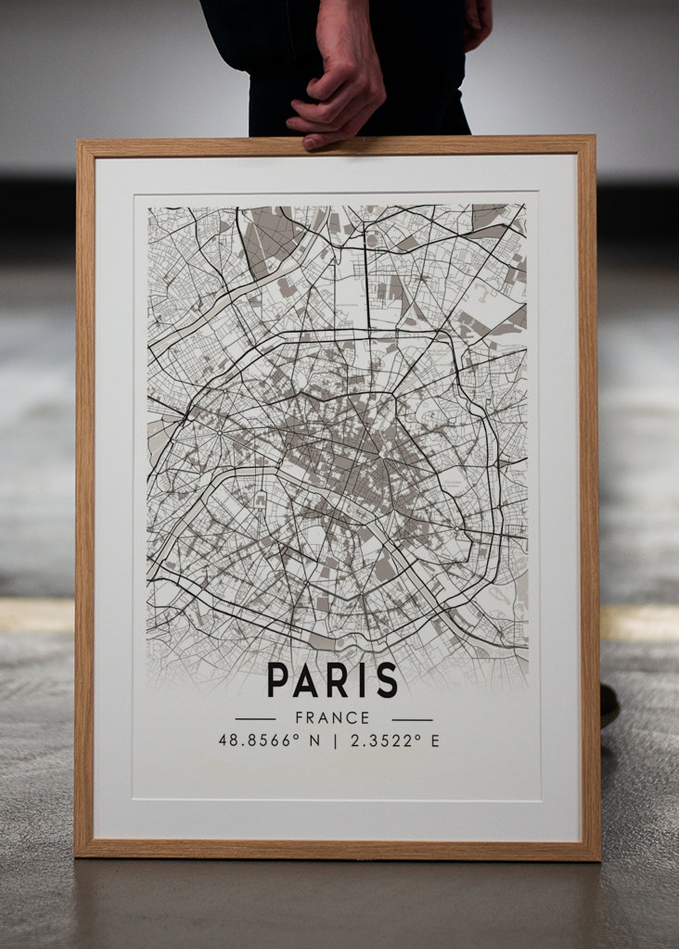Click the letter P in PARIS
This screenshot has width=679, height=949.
[277, 679]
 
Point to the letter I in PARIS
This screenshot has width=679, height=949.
[361, 679]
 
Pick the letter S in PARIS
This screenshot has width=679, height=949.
[385, 679]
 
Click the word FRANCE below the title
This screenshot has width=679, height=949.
[332, 718]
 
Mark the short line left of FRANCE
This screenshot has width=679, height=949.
[255, 718]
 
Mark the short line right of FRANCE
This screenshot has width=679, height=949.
[412, 718]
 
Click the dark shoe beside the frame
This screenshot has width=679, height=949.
[609, 704]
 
